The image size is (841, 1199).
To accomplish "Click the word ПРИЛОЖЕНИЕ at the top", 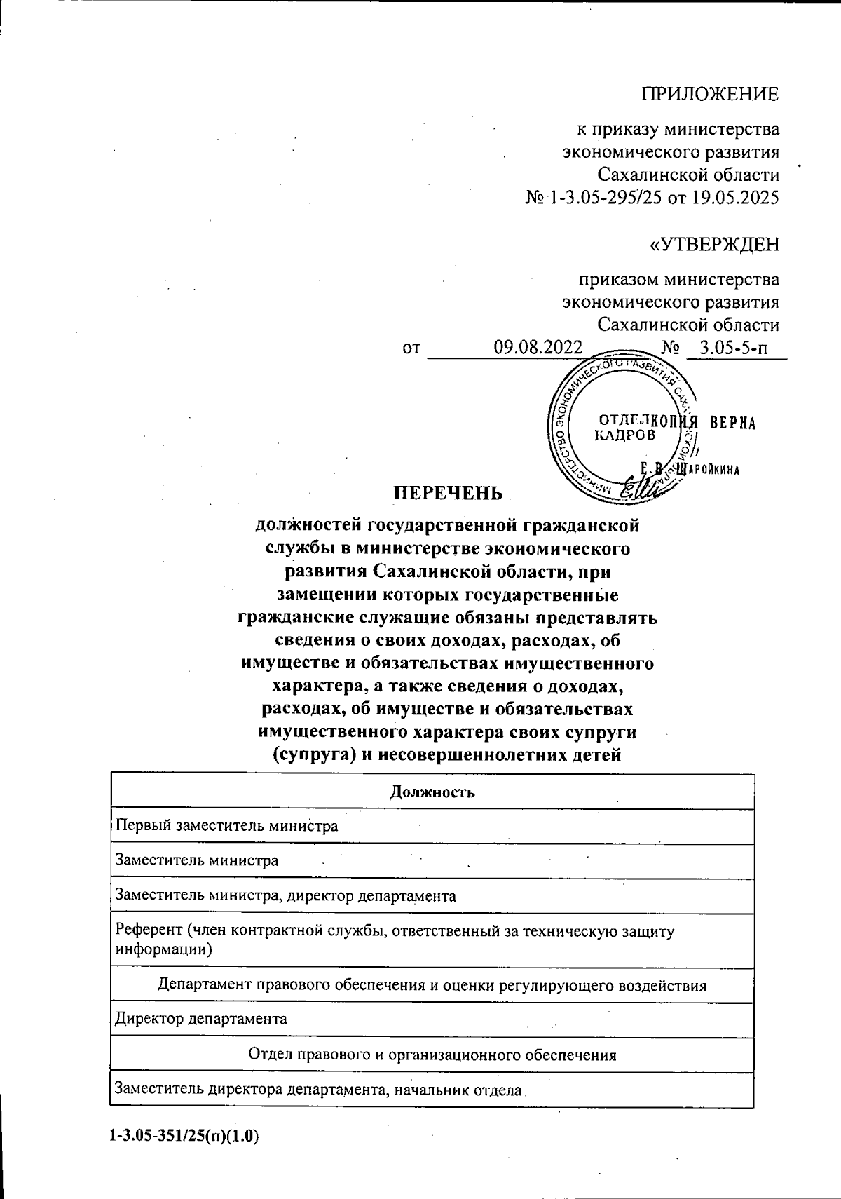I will (x=711, y=94).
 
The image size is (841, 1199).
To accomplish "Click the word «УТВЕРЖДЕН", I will (x=715, y=244).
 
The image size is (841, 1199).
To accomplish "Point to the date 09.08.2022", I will (x=538, y=347).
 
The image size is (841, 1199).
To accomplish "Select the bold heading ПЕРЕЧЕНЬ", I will (x=447, y=493).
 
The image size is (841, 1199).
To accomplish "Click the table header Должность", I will (x=432, y=792).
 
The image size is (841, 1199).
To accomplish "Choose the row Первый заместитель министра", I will (x=227, y=826).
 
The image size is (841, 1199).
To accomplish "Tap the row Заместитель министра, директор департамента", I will (x=286, y=895).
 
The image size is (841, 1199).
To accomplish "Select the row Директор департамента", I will (x=201, y=1019).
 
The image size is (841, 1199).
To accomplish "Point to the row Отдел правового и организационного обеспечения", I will (x=432, y=1055).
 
